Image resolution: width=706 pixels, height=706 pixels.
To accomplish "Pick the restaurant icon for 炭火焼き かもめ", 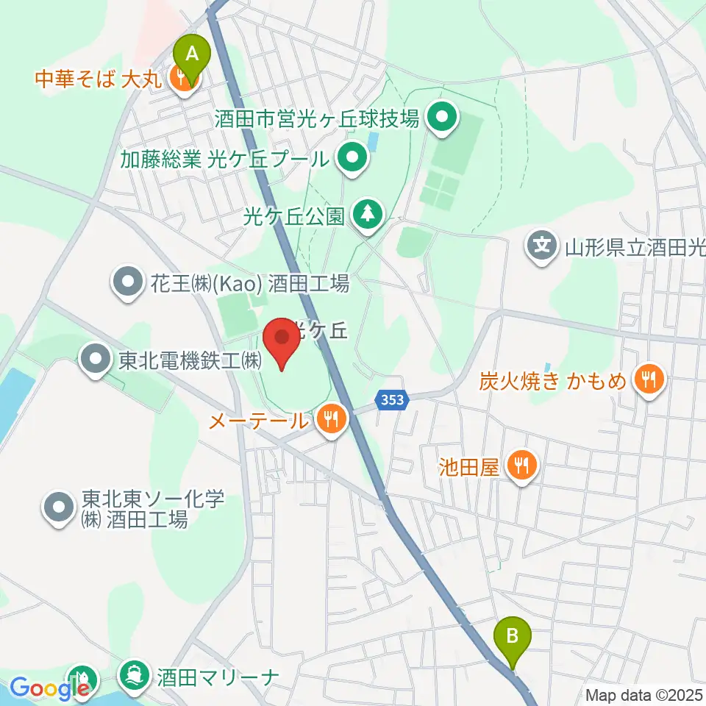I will [x=648, y=379].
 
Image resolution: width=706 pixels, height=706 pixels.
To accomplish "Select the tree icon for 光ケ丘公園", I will [x=366, y=215].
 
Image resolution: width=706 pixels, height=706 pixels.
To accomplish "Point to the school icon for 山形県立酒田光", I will [x=542, y=244].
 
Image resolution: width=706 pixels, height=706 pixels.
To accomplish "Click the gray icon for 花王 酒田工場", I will [x=127, y=282].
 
